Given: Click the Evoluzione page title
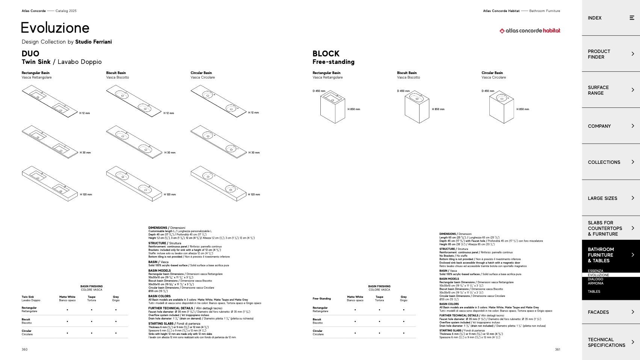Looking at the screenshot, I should pyautogui.click(x=55, y=28).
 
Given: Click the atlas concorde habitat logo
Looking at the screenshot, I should pyautogui.click(x=530, y=31).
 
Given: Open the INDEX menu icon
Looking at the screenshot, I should pyautogui.click(x=632, y=18).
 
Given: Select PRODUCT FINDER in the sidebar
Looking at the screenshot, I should pyautogui.click(x=599, y=54).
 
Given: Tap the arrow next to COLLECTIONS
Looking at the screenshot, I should pyautogui.click(x=632, y=162).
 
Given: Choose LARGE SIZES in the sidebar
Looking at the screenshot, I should pyautogui.click(x=602, y=198).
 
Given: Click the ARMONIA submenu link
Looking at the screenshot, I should pyautogui.click(x=595, y=283).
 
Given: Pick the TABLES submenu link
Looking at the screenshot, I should pyautogui.click(x=594, y=292).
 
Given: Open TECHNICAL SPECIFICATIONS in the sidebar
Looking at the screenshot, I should pyautogui.click(x=606, y=342).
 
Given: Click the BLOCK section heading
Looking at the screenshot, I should pyautogui.click(x=326, y=54).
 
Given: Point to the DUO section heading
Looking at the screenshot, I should pyautogui.click(x=30, y=54).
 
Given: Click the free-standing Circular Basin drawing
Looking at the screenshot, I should pyautogui.click(x=501, y=108).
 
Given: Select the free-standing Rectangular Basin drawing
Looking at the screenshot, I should pyautogui.click(x=332, y=108).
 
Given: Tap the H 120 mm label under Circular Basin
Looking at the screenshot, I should pyautogui.click(x=254, y=195).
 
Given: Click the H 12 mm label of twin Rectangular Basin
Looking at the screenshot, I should pyautogui.click(x=85, y=113).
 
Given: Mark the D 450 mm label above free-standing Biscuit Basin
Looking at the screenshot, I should pyautogui.click(x=403, y=91).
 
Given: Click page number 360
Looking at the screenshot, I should pyautogui.click(x=24, y=349).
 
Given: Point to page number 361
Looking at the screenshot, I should pyautogui.click(x=557, y=349).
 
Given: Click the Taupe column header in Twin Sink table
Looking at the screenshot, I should pyautogui.click(x=92, y=298).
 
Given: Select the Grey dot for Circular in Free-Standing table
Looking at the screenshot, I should pyautogui.click(x=404, y=333).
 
